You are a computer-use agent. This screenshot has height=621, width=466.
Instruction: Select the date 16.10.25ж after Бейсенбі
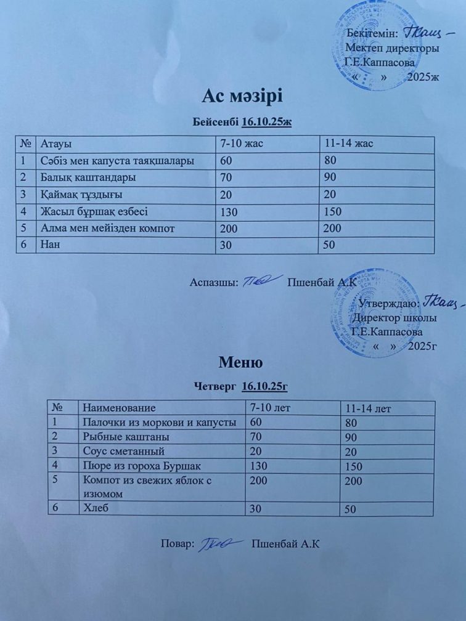(x=267, y=122)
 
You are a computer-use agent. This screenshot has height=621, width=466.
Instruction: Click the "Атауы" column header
(x=56, y=144)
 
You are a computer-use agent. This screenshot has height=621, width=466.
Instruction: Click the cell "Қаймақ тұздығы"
(x=81, y=195)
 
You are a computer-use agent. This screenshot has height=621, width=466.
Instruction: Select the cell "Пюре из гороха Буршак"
(x=142, y=465)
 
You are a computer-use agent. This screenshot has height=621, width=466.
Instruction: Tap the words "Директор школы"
(x=394, y=318)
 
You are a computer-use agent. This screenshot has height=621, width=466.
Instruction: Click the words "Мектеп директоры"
(x=393, y=47)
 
